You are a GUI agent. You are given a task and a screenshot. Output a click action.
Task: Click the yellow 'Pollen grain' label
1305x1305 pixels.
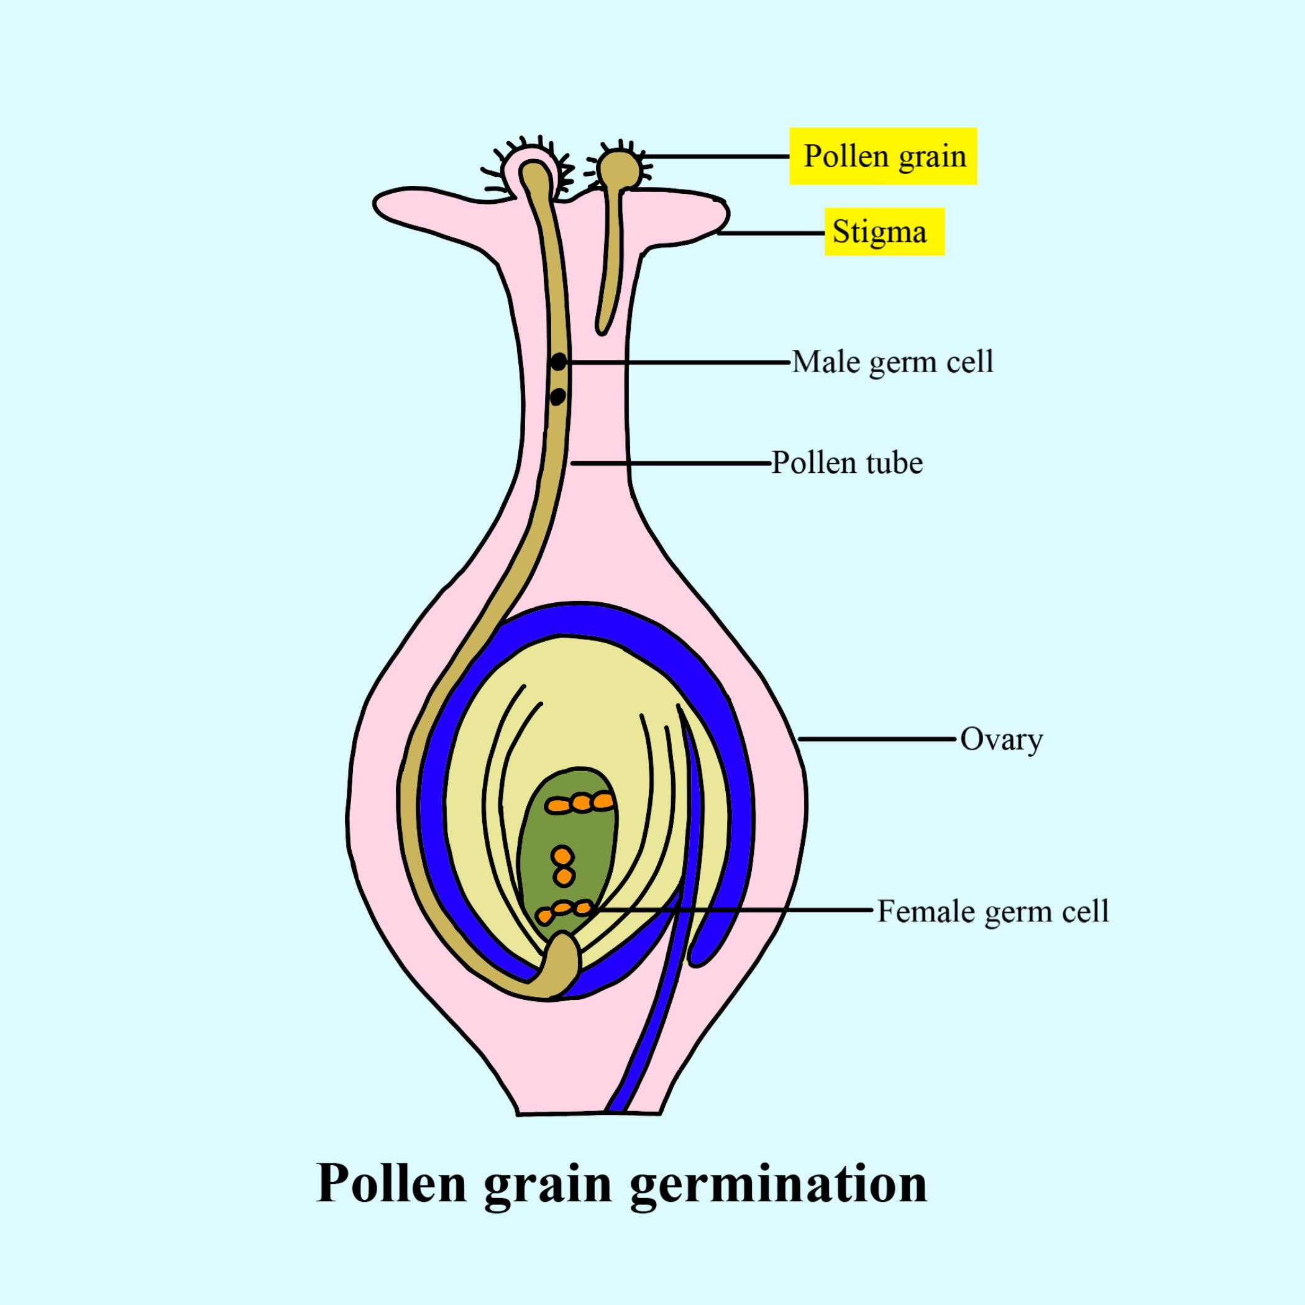pyautogui.click(x=883, y=156)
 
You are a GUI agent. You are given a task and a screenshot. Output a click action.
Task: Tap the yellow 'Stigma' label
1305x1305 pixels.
pyautogui.click(x=884, y=232)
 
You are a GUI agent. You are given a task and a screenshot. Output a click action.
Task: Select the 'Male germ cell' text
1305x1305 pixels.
pyautogui.click(x=892, y=363)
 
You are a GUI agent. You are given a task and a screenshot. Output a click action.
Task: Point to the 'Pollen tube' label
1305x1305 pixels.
pyautogui.click(x=847, y=464)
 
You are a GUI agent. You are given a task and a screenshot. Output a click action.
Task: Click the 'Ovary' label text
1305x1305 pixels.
pyautogui.click(x=1001, y=739)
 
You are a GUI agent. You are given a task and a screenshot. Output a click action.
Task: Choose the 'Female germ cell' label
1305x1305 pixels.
pyautogui.click(x=993, y=911)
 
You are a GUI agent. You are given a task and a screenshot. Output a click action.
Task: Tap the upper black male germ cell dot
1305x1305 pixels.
pyautogui.click(x=558, y=363)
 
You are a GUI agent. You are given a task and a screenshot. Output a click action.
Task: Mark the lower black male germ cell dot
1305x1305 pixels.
pyautogui.click(x=557, y=396)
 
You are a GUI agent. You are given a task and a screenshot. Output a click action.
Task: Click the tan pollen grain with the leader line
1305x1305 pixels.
pyautogui.click(x=617, y=168)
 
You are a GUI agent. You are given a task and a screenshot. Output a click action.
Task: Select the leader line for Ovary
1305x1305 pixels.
pyautogui.click(x=877, y=739)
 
